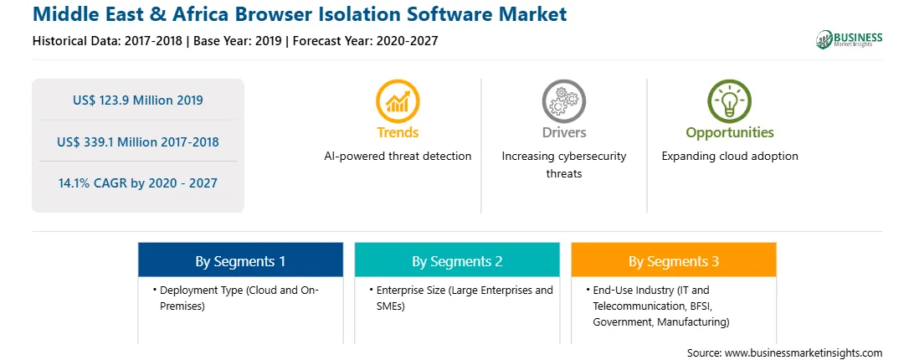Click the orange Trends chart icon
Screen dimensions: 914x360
398,101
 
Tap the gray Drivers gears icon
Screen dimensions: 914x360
563,101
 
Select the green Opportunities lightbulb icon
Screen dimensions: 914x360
729,101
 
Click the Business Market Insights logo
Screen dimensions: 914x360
850,39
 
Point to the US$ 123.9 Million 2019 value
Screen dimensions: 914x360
138,100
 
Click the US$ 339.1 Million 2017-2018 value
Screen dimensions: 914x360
138,141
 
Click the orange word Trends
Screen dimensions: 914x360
398,132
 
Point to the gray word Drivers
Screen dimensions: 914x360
563,132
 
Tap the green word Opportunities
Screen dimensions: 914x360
730,133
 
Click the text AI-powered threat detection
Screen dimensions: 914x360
398,157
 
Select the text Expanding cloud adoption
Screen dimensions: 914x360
730,157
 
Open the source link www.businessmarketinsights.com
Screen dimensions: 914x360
804,353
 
